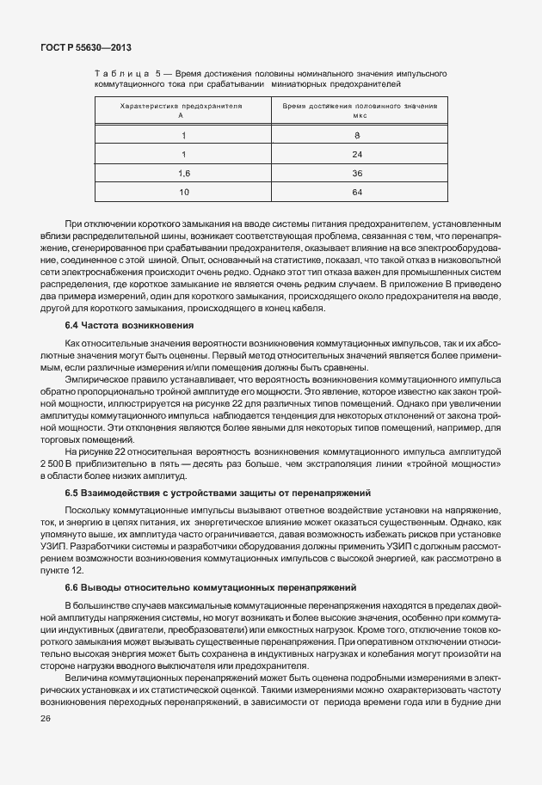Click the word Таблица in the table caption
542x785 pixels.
pyautogui.click(x=120, y=76)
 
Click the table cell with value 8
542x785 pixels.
pyautogui.click(x=357, y=136)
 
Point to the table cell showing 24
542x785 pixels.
pyautogui.click(x=357, y=154)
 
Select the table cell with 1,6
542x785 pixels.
pyautogui.click(x=182, y=173)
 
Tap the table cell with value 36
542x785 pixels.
pyautogui.click(x=357, y=173)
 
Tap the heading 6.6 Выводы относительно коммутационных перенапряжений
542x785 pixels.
pyautogui.click(x=211, y=587)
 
